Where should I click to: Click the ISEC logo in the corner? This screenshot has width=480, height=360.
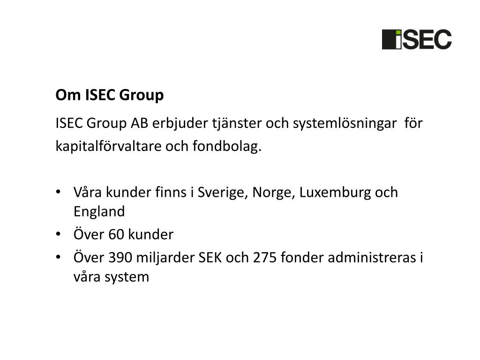pos(417,39)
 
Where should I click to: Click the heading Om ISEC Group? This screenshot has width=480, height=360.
pos(110,95)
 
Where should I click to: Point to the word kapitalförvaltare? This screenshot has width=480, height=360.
pos(108,147)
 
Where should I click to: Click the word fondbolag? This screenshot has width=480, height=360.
pos(227,147)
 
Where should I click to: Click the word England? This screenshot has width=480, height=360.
pos(99,211)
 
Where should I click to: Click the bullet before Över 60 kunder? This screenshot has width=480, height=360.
pos(58,234)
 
